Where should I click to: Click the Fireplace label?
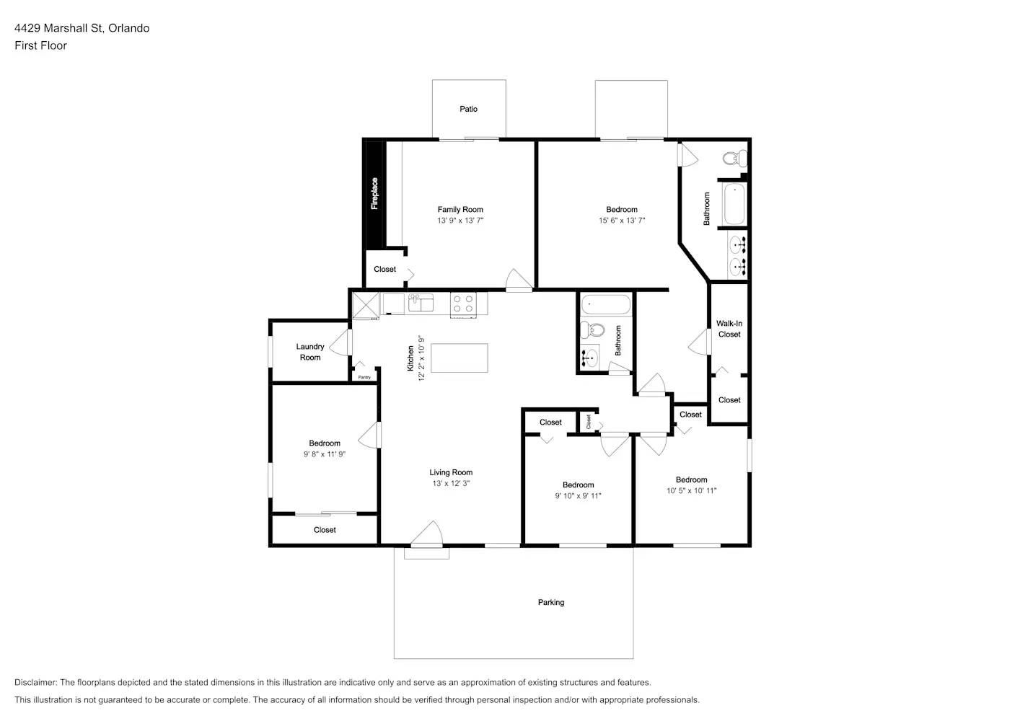[x=374, y=193]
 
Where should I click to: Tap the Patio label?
[x=468, y=109]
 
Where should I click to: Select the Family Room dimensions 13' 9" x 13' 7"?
[x=460, y=221]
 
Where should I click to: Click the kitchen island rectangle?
[x=459, y=358]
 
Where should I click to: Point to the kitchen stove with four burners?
[x=463, y=304]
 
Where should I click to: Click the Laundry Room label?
[x=310, y=352]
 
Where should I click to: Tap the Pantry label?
[x=364, y=377]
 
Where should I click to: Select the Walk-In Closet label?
[x=729, y=329]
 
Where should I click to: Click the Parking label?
[x=551, y=602]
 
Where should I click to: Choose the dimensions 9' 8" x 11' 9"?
[x=325, y=454]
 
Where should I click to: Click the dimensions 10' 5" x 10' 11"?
[x=691, y=491]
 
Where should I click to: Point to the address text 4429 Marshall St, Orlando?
[x=82, y=28]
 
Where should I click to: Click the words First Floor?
[x=40, y=45]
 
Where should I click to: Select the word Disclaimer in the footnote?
[x=35, y=682]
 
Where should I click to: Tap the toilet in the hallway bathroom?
[x=594, y=330]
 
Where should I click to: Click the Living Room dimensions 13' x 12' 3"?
[x=451, y=484]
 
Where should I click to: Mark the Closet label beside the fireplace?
[x=384, y=269]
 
